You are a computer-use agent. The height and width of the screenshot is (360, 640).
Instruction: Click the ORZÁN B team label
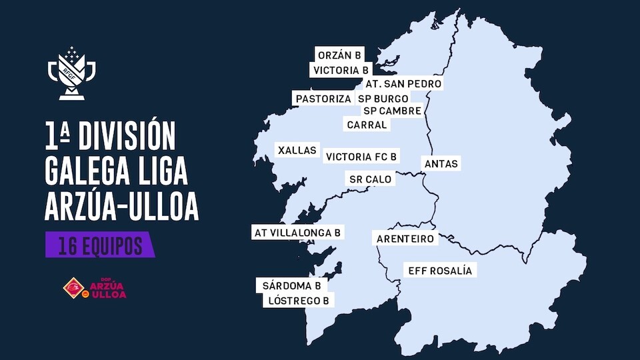pos(340,55)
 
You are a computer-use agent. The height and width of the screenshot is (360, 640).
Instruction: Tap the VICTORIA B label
pos(341,69)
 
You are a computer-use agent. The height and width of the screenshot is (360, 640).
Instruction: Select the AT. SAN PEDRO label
pos(403,84)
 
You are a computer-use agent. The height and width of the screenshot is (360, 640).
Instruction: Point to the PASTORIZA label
pos(323,99)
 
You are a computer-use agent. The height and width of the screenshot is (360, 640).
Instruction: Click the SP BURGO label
pos(383,99)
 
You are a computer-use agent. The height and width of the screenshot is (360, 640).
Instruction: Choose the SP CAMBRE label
pos(392,111)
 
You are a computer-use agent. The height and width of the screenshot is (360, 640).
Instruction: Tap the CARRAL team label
pos(367,125)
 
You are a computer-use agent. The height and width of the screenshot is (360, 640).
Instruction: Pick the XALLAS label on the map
pos(297,151)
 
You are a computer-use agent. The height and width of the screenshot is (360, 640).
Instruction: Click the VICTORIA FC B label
pos(361,157)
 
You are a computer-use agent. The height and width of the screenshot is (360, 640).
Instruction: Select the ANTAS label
pos(442,163)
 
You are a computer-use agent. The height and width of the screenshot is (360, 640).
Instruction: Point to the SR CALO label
pos(371,179)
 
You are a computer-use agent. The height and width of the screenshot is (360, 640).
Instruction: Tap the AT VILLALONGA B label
pos(298,233)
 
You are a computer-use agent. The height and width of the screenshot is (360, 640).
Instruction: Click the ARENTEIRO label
pos(405,239)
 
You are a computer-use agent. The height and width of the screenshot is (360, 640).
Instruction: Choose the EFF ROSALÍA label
pos(439,271)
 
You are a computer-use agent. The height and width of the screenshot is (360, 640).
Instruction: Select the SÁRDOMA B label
pos(292,285)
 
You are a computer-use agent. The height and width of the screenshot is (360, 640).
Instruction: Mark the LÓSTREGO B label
pos(299,301)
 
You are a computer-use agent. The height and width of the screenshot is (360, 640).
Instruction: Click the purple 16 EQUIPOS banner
pos(100,245)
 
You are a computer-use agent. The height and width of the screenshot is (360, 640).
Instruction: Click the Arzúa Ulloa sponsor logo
pos(94,287)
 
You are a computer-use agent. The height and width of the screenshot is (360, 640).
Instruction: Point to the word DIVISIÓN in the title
pos(127,136)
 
